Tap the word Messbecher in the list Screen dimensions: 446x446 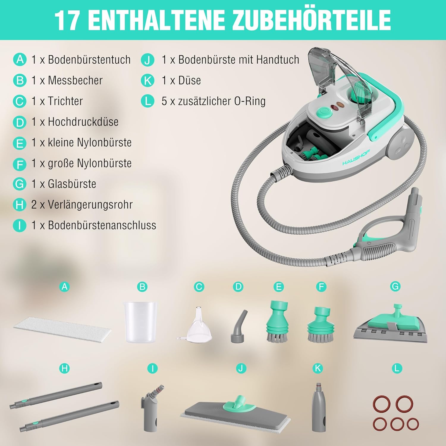point(75,80)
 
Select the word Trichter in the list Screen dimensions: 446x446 point(65,101)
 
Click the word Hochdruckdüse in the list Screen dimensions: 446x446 point(83,122)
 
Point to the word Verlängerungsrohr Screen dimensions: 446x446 point(90,205)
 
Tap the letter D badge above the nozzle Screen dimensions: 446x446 point(238,287)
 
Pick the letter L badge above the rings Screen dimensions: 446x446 point(397,369)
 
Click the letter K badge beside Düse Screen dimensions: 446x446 point(148,81)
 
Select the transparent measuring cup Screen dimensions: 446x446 point(140,322)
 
